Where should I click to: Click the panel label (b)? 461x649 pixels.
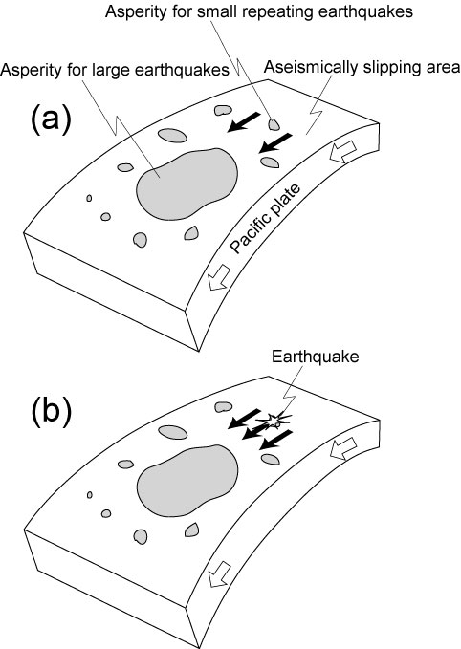pyautogui.click(x=52, y=409)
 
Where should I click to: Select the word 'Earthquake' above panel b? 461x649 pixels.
pyautogui.click(x=316, y=357)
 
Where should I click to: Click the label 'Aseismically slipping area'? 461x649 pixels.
pyautogui.click(x=362, y=66)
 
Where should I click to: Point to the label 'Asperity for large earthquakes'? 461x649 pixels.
pyautogui.click(x=115, y=70)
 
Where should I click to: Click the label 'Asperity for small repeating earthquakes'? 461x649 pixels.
pyautogui.click(x=259, y=11)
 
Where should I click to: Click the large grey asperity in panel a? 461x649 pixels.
pyautogui.click(x=187, y=184)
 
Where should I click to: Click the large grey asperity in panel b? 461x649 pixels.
pyautogui.click(x=187, y=481)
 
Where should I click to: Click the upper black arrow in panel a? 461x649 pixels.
pyautogui.click(x=244, y=122)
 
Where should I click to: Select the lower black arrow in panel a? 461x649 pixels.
pyautogui.click(x=275, y=143)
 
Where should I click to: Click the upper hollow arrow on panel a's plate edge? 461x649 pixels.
pyautogui.click(x=343, y=151)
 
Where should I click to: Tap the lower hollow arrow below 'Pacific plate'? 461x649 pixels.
pyautogui.click(x=219, y=277)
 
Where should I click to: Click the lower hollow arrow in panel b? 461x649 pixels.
pyautogui.click(x=219, y=574)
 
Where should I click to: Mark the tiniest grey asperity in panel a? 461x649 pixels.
pyautogui.click(x=89, y=198)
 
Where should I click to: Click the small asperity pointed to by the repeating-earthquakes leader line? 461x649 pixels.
pyautogui.click(x=274, y=123)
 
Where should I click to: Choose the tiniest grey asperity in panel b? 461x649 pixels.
pyautogui.click(x=90, y=494)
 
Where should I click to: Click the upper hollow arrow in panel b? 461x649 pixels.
pyautogui.click(x=343, y=448)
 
